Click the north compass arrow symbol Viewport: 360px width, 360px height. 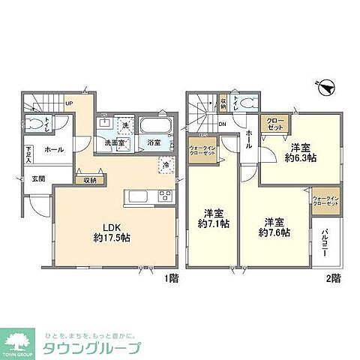(x=324, y=88)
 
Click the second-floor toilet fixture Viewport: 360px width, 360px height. (x=247, y=106)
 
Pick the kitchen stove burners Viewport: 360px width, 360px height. (x=163, y=197)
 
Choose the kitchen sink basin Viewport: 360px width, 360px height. (x=139, y=197)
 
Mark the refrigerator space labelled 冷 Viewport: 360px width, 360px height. (x=164, y=164)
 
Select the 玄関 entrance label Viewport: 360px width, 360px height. (x=37, y=178)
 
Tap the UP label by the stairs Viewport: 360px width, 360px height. (x=69, y=103)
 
